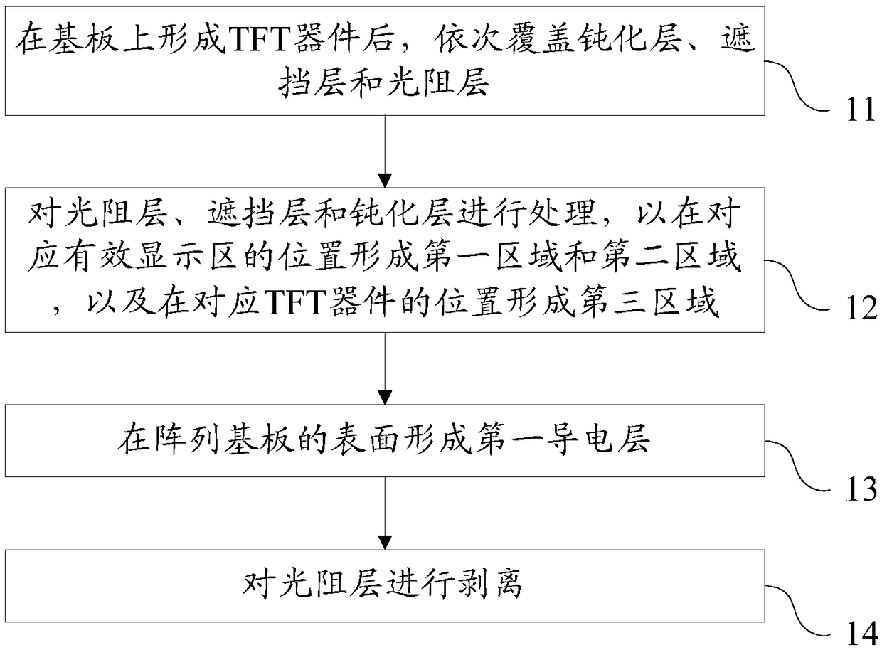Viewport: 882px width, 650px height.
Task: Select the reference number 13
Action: coord(861,489)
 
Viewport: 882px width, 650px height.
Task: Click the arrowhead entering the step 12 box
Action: coord(385,181)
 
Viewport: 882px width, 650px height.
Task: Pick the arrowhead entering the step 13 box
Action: coord(385,398)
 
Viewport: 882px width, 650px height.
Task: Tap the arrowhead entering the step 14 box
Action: coord(385,542)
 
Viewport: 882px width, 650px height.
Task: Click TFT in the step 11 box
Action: coord(259,40)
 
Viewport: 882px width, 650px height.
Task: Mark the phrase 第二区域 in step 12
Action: coord(670,258)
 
